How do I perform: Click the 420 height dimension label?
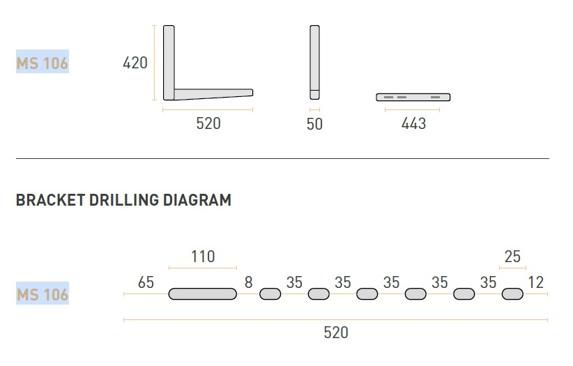135,63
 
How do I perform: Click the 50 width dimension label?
314,124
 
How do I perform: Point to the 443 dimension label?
413,123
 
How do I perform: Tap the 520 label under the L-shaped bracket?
208,123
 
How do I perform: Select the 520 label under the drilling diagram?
336,333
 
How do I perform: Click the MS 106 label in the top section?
43,63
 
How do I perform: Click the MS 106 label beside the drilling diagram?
43,295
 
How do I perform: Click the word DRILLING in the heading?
124,200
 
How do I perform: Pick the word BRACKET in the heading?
50,200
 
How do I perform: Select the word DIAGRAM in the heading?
197,200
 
